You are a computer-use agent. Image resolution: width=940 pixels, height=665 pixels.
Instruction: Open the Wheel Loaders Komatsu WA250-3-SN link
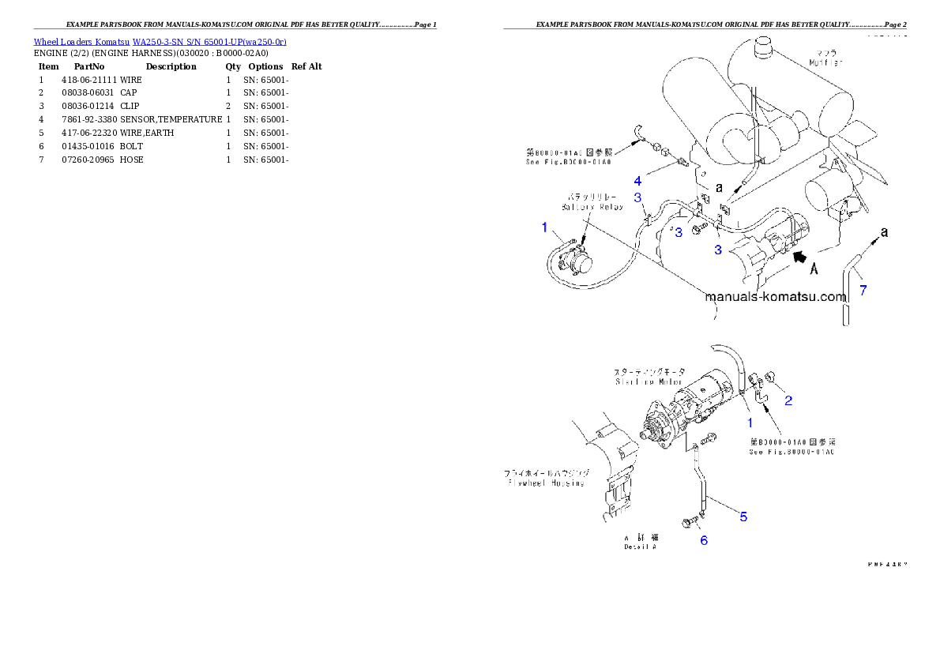click(x=160, y=41)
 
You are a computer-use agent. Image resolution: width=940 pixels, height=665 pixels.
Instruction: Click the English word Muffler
click(x=826, y=62)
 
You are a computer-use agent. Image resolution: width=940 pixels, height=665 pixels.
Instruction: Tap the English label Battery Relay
click(x=592, y=207)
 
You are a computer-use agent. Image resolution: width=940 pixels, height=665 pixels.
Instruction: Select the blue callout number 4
click(x=637, y=181)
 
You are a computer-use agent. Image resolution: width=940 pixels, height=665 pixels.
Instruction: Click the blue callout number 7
click(x=863, y=290)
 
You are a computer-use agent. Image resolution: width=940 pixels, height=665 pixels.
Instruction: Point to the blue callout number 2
click(x=788, y=400)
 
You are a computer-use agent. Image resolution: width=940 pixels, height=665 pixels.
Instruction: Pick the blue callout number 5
click(x=743, y=517)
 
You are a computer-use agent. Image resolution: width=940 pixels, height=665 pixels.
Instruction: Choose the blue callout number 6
click(x=703, y=540)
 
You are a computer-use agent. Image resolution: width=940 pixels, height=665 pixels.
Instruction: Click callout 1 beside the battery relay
click(x=544, y=227)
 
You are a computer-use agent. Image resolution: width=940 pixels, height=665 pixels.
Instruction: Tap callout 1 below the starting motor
click(x=750, y=423)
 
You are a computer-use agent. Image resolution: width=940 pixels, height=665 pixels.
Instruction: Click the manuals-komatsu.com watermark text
click(x=775, y=298)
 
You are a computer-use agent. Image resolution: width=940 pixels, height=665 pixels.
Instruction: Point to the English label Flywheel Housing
click(x=544, y=483)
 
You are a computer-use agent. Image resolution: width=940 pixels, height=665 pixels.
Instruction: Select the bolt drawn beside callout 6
click(x=689, y=522)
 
